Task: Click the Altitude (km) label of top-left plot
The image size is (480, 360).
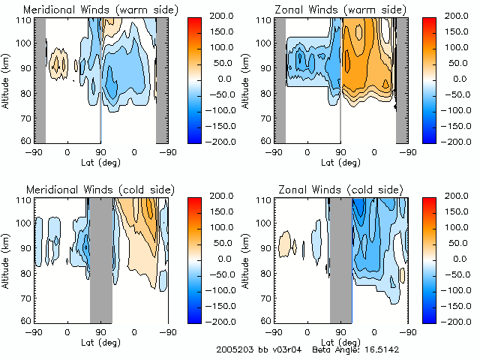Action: click(7, 79)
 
